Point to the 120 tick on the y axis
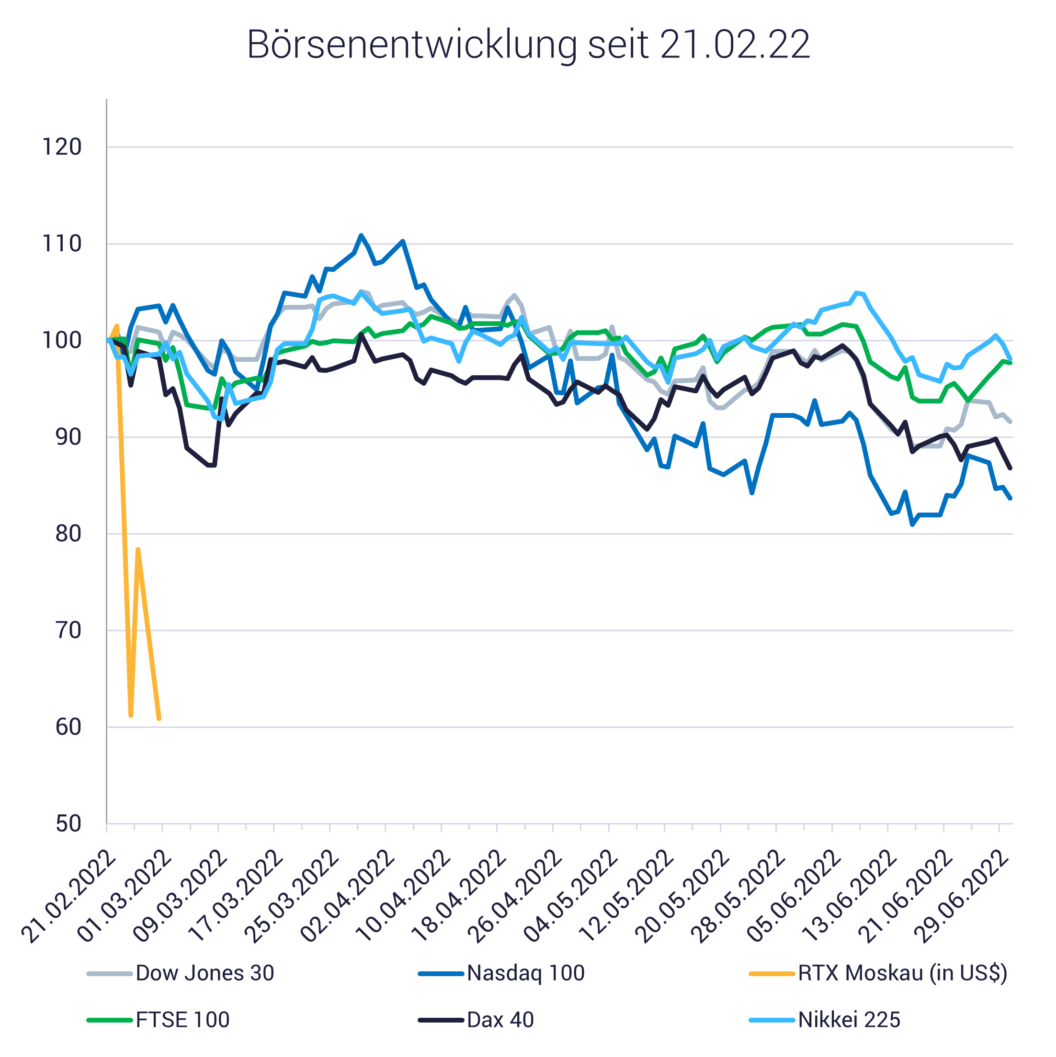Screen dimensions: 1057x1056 (x=61, y=147)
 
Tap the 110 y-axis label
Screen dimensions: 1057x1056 (x=61, y=244)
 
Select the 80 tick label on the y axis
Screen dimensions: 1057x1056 (x=68, y=534)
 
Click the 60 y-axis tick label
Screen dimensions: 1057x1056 (x=68, y=727)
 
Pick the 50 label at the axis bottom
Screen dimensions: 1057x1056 (x=68, y=824)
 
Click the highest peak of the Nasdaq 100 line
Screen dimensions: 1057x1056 (x=361, y=235)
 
